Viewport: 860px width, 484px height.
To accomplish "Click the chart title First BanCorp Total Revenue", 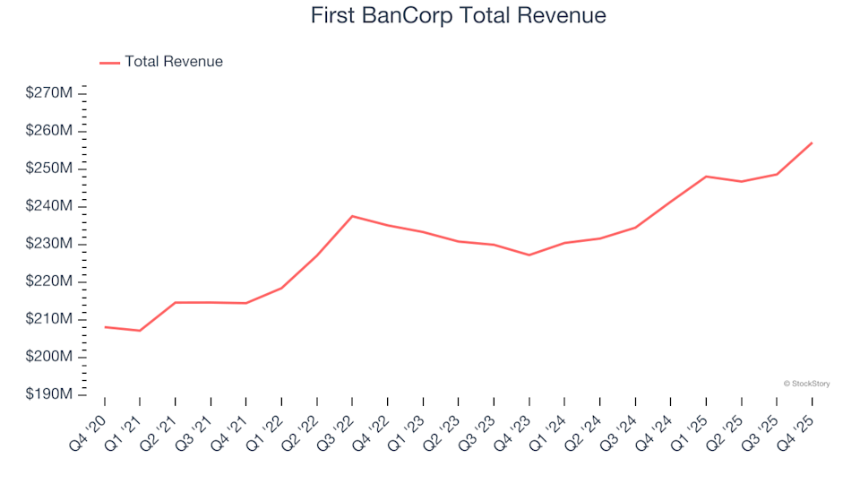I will coord(458,15).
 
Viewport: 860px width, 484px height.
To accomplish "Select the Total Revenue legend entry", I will coord(173,62).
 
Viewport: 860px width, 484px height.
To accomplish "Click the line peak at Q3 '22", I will coord(352,216).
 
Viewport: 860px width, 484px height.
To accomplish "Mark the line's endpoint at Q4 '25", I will coord(812,143).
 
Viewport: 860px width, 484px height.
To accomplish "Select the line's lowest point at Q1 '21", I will coord(140,331).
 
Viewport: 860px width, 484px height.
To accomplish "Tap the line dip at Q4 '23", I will coord(529,255).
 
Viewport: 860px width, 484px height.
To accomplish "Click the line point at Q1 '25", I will coord(706,177).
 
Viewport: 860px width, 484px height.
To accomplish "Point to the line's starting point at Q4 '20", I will coord(105,327).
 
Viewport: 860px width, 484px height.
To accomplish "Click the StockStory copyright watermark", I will coord(806,384).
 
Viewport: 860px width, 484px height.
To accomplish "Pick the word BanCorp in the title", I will coord(420,15).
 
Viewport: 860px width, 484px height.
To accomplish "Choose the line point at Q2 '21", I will coord(176,302).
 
